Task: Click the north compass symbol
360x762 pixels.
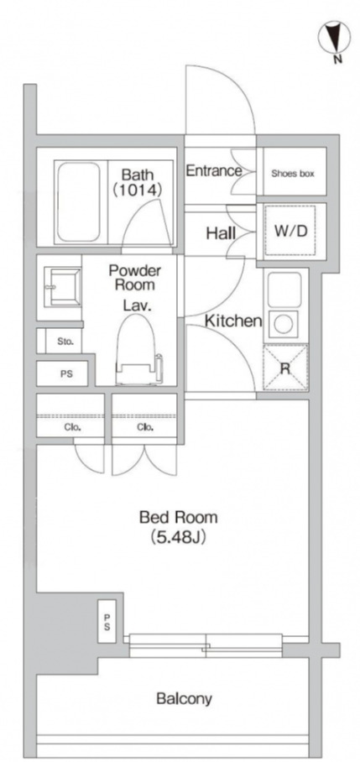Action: [x=334, y=37]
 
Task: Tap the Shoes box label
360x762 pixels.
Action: [x=293, y=173]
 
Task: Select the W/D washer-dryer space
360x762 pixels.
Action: [x=291, y=232]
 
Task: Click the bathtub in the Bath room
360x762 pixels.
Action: [x=78, y=201]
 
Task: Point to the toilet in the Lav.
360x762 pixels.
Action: [x=138, y=350]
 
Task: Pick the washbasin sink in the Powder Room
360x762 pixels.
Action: [x=62, y=287]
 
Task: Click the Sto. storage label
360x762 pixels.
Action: [x=65, y=342]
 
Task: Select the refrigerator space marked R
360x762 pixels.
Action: [x=285, y=368]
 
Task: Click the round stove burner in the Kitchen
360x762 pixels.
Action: [x=283, y=325]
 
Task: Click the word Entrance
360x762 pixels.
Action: [x=214, y=170]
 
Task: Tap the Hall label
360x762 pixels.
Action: [x=221, y=234]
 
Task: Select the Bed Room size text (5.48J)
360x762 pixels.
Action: [x=178, y=537]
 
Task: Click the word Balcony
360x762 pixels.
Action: [x=184, y=699]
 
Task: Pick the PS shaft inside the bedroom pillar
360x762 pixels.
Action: [x=107, y=622]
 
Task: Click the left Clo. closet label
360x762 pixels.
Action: [x=73, y=428]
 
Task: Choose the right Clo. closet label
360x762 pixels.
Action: [x=145, y=428]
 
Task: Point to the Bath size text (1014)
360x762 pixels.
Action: [x=137, y=190]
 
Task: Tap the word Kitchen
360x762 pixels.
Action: [x=233, y=321]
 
